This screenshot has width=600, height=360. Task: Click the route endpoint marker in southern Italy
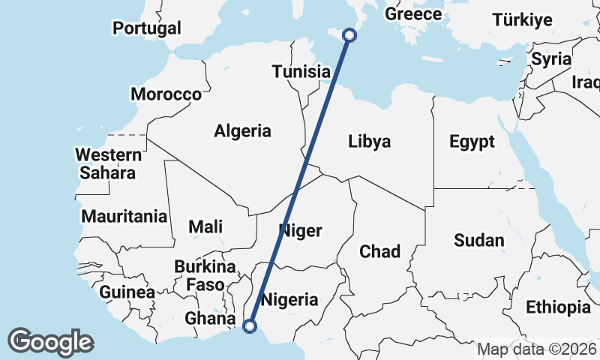pyautogui.click(x=349, y=34)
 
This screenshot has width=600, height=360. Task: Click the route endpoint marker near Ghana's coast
pyautogui.click(x=250, y=325)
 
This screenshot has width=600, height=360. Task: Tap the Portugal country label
pyautogui.click(x=147, y=28)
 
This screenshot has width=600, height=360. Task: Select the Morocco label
pyautogui.click(x=166, y=94)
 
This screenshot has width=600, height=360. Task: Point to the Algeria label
pyautogui.click(x=242, y=131)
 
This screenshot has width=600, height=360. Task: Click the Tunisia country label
pyautogui.click(x=301, y=72)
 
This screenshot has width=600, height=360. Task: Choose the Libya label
pyautogui.click(x=369, y=141)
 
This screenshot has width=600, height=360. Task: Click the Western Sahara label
pyautogui.click(x=108, y=164)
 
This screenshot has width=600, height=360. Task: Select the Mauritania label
pyautogui.click(x=124, y=217)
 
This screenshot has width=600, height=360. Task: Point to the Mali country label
pyautogui.click(x=205, y=226)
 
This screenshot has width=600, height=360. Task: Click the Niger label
pyautogui.click(x=300, y=230)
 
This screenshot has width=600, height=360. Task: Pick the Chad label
pyautogui.click(x=380, y=251)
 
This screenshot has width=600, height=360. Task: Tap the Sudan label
pyautogui.click(x=479, y=241)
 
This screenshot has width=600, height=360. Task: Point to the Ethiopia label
pyautogui.click(x=558, y=307)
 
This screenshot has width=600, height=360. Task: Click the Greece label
pyautogui.click(x=413, y=14)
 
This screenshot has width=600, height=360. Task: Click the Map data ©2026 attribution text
pyautogui.click(x=537, y=349)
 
